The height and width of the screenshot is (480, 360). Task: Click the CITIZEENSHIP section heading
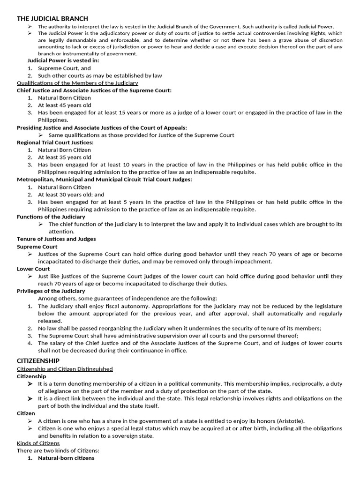pyautogui.click(x=38, y=360)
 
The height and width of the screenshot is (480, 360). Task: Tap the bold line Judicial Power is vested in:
pyautogui.click(x=63, y=60)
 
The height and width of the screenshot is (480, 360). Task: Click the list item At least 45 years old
pyautogui.click(x=65, y=105)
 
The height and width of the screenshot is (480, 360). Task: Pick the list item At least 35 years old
pyautogui.click(x=65, y=157)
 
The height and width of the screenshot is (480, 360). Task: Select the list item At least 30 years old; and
pyautogui.click(x=71, y=195)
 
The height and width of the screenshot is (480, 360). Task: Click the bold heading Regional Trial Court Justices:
pyautogui.click(x=55, y=142)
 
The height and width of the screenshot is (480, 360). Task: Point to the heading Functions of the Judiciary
pyautogui.click(x=51, y=217)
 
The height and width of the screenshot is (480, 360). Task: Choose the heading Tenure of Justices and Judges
pyautogui.click(x=56, y=239)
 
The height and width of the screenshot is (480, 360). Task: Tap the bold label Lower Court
pyautogui.click(x=33, y=269)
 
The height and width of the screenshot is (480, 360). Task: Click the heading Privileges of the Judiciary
pyautogui.click(x=51, y=291)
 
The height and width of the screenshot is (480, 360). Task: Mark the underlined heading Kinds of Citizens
pyautogui.click(x=38, y=443)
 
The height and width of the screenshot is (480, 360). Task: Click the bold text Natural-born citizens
pyautogui.click(x=66, y=458)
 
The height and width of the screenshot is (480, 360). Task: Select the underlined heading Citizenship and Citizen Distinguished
pyautogui.click(x=65, y=369)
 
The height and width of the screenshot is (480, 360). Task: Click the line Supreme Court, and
pyautogui.click(x=64, y=68)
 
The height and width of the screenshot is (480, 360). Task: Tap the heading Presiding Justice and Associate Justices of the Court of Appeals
pyautogui.click(x=102, y=127)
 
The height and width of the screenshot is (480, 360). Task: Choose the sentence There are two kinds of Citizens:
pyautogui.click(x=58, y=450)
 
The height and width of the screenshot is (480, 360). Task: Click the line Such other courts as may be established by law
pyautogui.click(x=100, y=75)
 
